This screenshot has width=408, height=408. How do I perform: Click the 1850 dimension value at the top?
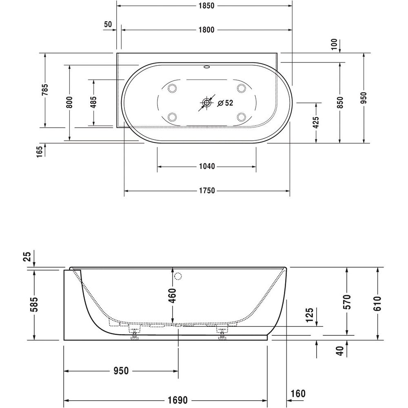pos(206,6)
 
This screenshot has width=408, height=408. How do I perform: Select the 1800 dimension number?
pos(206,30)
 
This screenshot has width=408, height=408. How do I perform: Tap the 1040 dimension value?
pos(207,166)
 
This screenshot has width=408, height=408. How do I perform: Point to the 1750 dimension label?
pos(207,191)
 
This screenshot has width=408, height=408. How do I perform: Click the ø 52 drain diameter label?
pos(225,103)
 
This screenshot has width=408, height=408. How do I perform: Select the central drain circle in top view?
pos(206,103)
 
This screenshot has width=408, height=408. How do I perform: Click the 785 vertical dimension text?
pos(45,89)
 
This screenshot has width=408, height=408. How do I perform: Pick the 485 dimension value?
pos(93,102)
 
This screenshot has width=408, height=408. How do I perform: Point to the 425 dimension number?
pos(316,122)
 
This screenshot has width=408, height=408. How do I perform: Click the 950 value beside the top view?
pos(364,98)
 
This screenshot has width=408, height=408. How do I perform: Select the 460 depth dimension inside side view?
pos(172,295)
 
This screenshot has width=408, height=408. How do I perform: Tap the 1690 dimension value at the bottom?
pos(178,400)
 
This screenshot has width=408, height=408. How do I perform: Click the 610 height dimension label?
pos(377,304)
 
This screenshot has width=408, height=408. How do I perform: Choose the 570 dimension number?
pos(347,302)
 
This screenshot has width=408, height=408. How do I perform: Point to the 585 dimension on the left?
pos(34,304)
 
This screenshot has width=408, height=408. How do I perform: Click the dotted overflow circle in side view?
pos(178,276)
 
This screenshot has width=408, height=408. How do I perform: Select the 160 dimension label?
pos(298,393)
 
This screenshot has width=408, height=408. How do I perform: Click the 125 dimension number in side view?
pos(310,315)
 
